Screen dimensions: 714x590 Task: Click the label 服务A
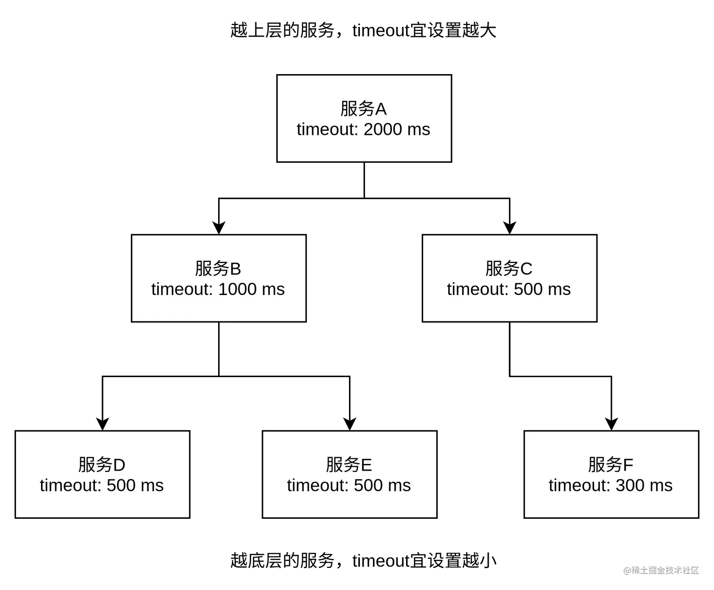tap(363, 109)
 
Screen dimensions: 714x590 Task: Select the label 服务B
tap(218, 269)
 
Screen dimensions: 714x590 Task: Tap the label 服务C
tap(509, 269)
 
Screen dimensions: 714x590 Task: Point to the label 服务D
tap(102, 465)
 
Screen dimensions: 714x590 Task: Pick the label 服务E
tap(348, 465)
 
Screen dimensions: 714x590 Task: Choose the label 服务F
tap(610, 465)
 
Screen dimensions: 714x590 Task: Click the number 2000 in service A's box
tap(382, 129)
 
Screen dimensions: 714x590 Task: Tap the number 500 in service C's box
tap(528, 289)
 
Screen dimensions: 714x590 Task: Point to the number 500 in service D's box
tap(121, 486)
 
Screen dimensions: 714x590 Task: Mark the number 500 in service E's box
tap(368, 486)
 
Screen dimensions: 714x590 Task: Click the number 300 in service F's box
tap(630, 486)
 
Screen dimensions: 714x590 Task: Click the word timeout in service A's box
tap(326, 129)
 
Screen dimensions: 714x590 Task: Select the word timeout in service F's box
tap(578, 486)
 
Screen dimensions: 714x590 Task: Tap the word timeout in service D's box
tap(69, 486)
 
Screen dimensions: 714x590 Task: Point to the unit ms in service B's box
tap(273, 289)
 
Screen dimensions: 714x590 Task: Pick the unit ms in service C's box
tap(559, 289)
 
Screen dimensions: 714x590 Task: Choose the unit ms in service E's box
tap(399, 486)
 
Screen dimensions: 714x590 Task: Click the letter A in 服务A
tap(381, 110)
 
